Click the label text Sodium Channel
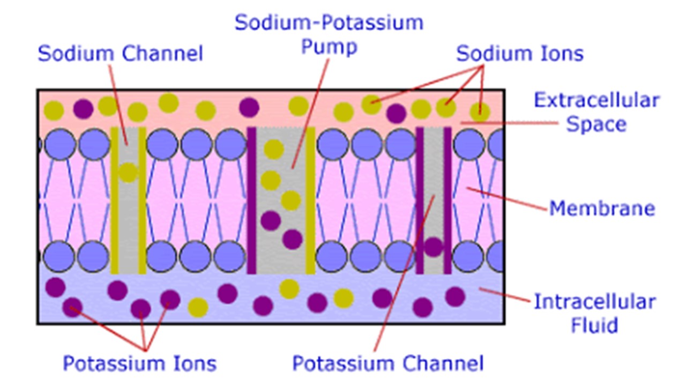click(x=120, y=54)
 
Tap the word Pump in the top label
click(x=329, y=47)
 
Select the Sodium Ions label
click(x=519, y=54)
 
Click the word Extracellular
click(x=596, y=100)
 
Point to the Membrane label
click(x=602, y=208)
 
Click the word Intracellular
click(x=594, y=302)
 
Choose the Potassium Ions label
click(x=139, y=363)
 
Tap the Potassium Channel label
click(x=387, y=363)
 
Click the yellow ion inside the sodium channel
click(x=128, y=172)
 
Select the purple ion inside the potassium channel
click(x=433, y=247)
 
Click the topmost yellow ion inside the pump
click(x=274, y=149)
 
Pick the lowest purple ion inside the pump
click(x=293, y=239)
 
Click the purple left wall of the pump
click(x=251, y=201)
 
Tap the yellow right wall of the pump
click(x=310, y=201)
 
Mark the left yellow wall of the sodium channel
click(x=114, y=201)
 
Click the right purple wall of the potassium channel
click(x=448, y=201)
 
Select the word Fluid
click(x=594, y=325)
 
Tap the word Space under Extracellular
click(x=596, y=124)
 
